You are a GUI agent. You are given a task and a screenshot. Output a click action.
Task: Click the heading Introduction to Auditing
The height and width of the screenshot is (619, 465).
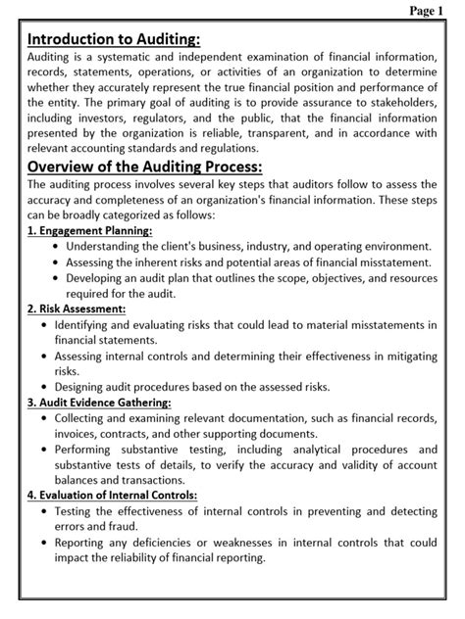point(114,39)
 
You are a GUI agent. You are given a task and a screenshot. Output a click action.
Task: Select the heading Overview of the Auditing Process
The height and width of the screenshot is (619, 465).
point(144,166)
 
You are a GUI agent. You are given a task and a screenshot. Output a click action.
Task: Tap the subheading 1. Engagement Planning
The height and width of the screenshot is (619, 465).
point(89,230)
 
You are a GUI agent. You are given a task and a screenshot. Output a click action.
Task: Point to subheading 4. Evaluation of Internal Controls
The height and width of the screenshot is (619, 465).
point(112,496)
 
